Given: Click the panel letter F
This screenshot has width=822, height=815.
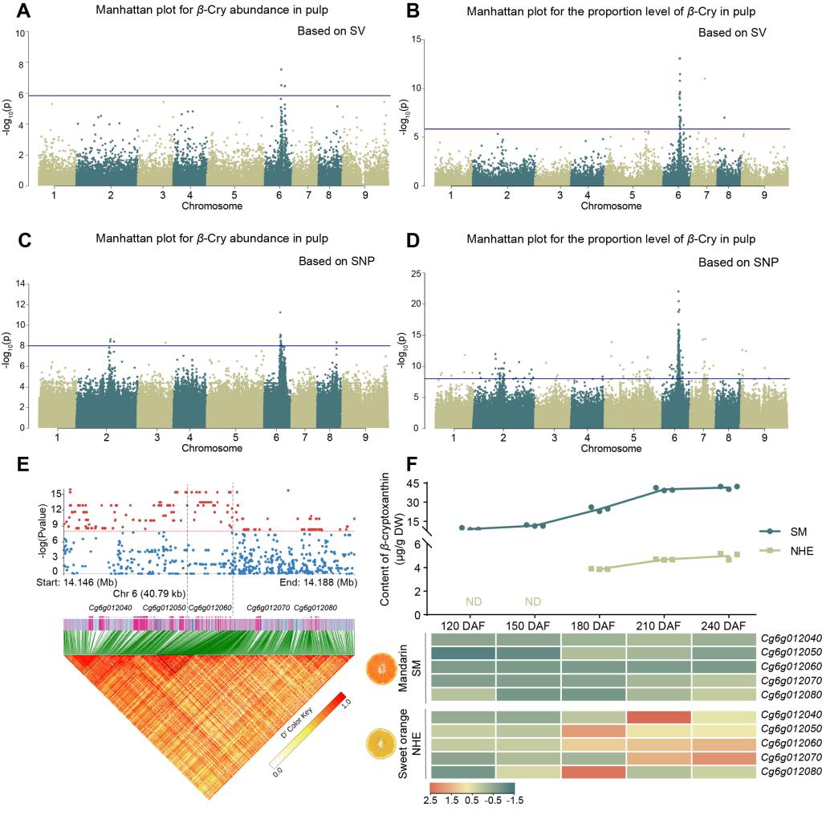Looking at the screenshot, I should pyautogui.click(x=412, y=463).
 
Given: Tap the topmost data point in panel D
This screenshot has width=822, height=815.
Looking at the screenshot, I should pyautogui.click(x=678, y=291).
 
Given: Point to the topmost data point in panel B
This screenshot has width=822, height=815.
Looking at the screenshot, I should pyautogui.click(x=679, y=59).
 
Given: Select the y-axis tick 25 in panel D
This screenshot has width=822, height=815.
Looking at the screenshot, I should pyautogui.click(x=417, y=274).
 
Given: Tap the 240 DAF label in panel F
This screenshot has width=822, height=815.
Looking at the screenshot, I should pyautogui.click(x=729, y=625).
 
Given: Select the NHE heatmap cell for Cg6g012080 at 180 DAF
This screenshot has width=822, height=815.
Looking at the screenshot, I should pyautogui.click(x=592, y=773).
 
